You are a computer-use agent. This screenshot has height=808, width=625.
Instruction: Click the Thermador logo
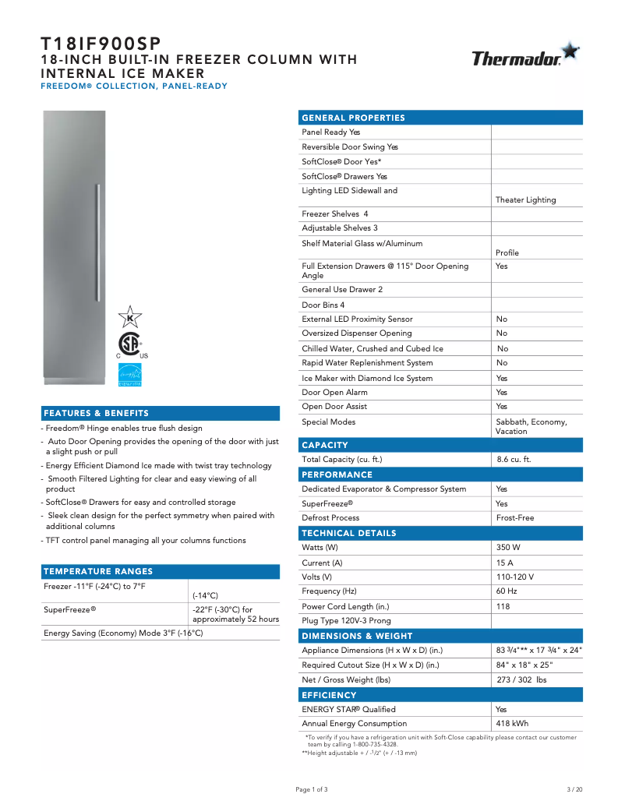[524, 57]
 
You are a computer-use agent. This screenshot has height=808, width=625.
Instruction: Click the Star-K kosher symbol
[129, 316]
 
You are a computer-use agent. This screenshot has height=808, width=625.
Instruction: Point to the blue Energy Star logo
[129, 374]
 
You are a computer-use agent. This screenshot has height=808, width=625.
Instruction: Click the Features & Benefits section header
[97, 413]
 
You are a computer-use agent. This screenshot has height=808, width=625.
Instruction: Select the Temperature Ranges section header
[99, 571]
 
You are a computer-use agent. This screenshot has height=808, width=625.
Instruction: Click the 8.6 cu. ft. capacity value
[514, 460]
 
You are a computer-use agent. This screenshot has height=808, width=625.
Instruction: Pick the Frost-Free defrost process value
[515, 518]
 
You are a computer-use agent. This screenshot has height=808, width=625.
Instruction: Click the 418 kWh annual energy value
[512, 724]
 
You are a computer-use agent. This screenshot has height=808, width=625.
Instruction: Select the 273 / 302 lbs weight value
[521, 680]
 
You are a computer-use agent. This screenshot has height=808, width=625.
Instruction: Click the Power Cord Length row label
[345, 607]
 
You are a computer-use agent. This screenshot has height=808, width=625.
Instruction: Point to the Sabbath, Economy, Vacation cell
[531, 426]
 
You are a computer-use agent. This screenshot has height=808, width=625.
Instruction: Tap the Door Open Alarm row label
[334, 393]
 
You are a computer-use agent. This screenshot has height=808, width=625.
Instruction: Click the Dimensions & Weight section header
[357, 636]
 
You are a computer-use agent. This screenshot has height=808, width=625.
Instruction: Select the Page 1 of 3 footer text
[312, 789]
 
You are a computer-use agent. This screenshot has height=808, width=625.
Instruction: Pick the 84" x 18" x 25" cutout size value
[524, 665]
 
